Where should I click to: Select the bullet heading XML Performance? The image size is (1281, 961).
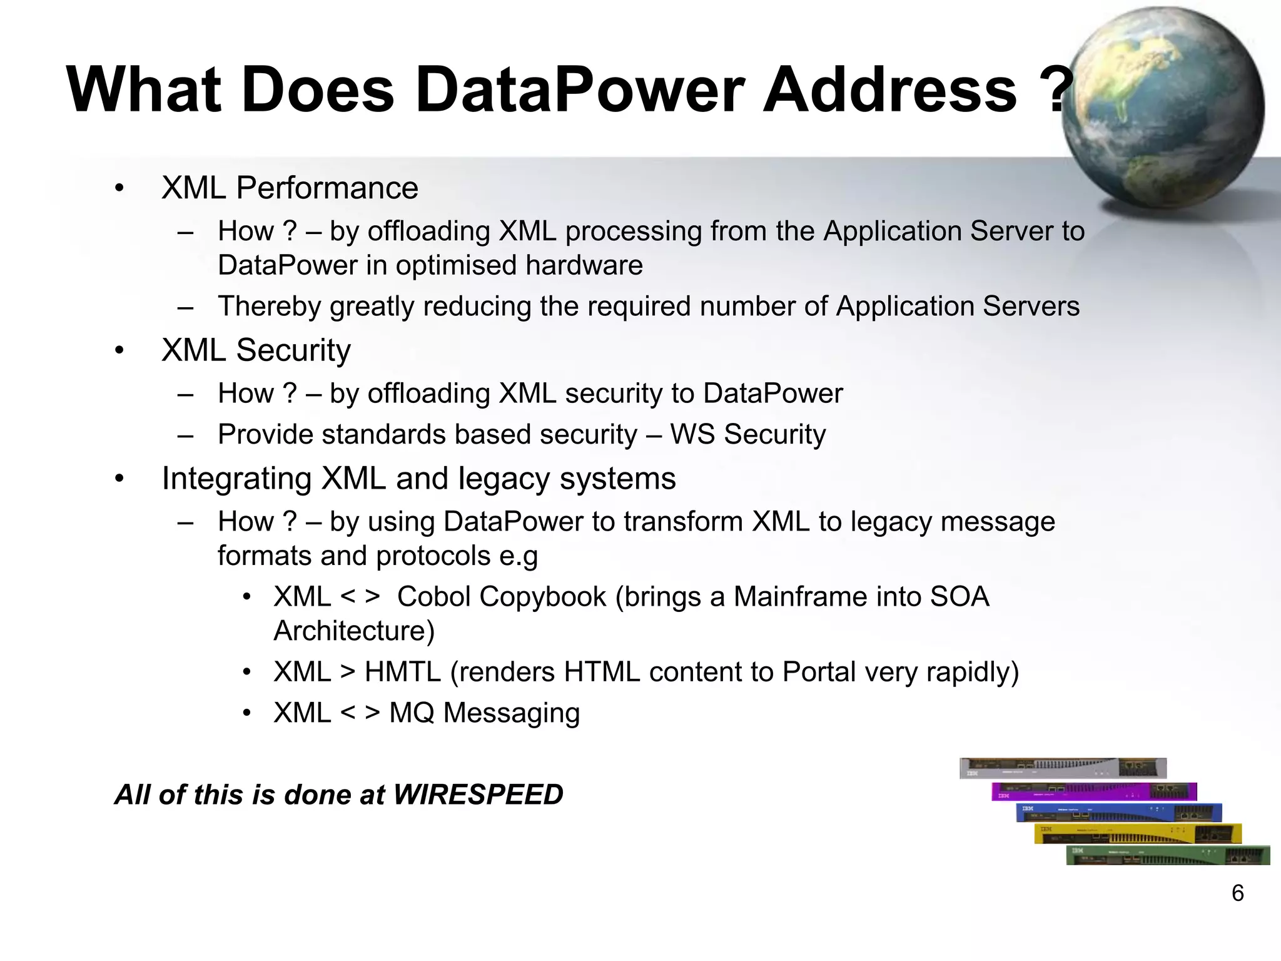pyautogui.click(x=290, y=188)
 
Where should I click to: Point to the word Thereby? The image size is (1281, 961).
pyautogui.click(x=269, y=307)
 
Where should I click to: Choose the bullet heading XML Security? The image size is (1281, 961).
pyautogui.click(x=256, y=350)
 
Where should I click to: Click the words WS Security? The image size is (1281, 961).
pyautogui.click(x=747, y=434)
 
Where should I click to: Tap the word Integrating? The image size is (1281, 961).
pyautogui.click(x=236, y=479)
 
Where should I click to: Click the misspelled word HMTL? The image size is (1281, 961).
pyautogui.click(x=403, y=673)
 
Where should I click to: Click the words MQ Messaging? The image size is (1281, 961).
pyautogui.click(x=484, y=713)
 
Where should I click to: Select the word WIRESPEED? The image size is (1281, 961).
pyautogui.click(x=478, y=795)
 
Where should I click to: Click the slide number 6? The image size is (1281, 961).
pyautogui.click(x=1237, y=893)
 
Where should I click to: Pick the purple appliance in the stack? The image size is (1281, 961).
pyautogui.click(x=1093, y=791)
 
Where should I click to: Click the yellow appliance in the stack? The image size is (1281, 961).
pyautogui.click(x=1137, y=834)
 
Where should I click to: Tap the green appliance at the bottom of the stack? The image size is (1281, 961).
pyautogui.click(x=1167, y=855)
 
